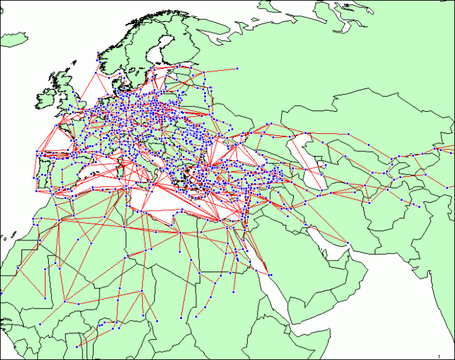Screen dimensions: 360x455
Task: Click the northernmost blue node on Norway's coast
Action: click(97, 53)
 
